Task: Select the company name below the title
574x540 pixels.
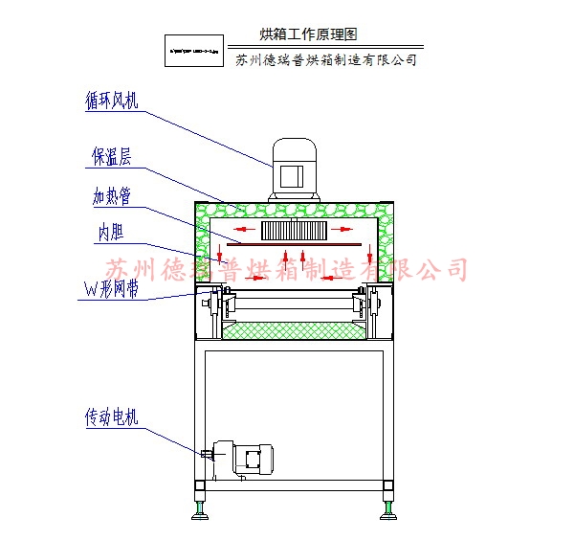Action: point(326,59)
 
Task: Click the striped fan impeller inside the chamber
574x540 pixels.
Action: point(297,230)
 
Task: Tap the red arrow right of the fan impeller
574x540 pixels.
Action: point(345,231)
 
